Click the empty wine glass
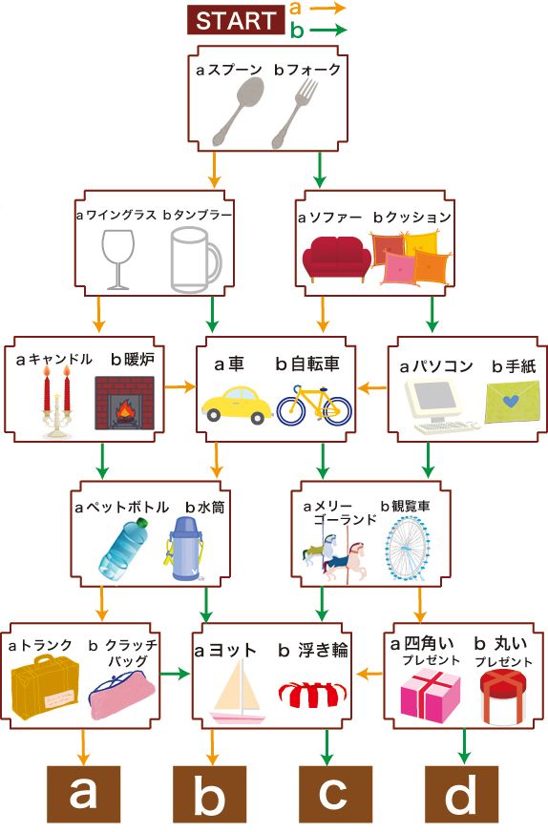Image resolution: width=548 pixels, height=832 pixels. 117,259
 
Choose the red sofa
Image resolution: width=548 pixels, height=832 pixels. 336,259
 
